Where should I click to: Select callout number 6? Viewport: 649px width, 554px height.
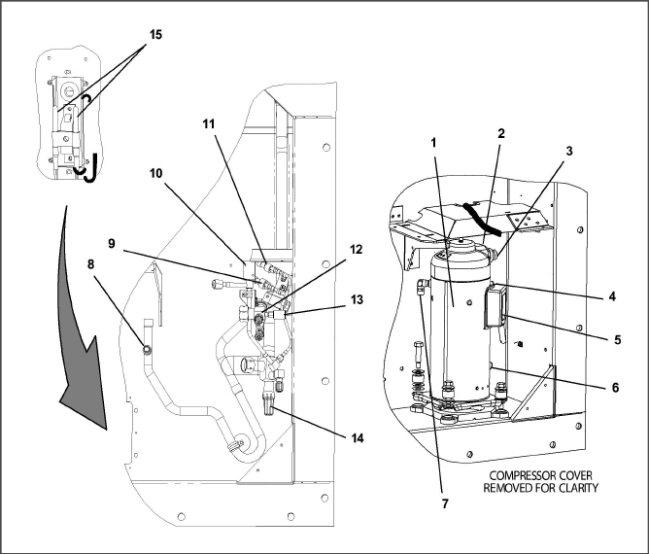pos(615,386)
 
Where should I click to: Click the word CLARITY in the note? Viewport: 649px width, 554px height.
pos(572,488)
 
